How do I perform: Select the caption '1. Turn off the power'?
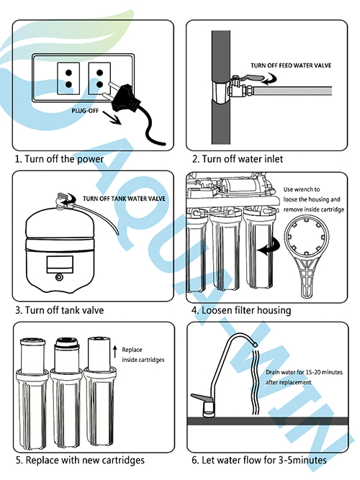[59, 158]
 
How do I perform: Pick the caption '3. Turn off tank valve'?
[59, 310]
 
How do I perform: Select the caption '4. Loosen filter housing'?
[241, 310]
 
